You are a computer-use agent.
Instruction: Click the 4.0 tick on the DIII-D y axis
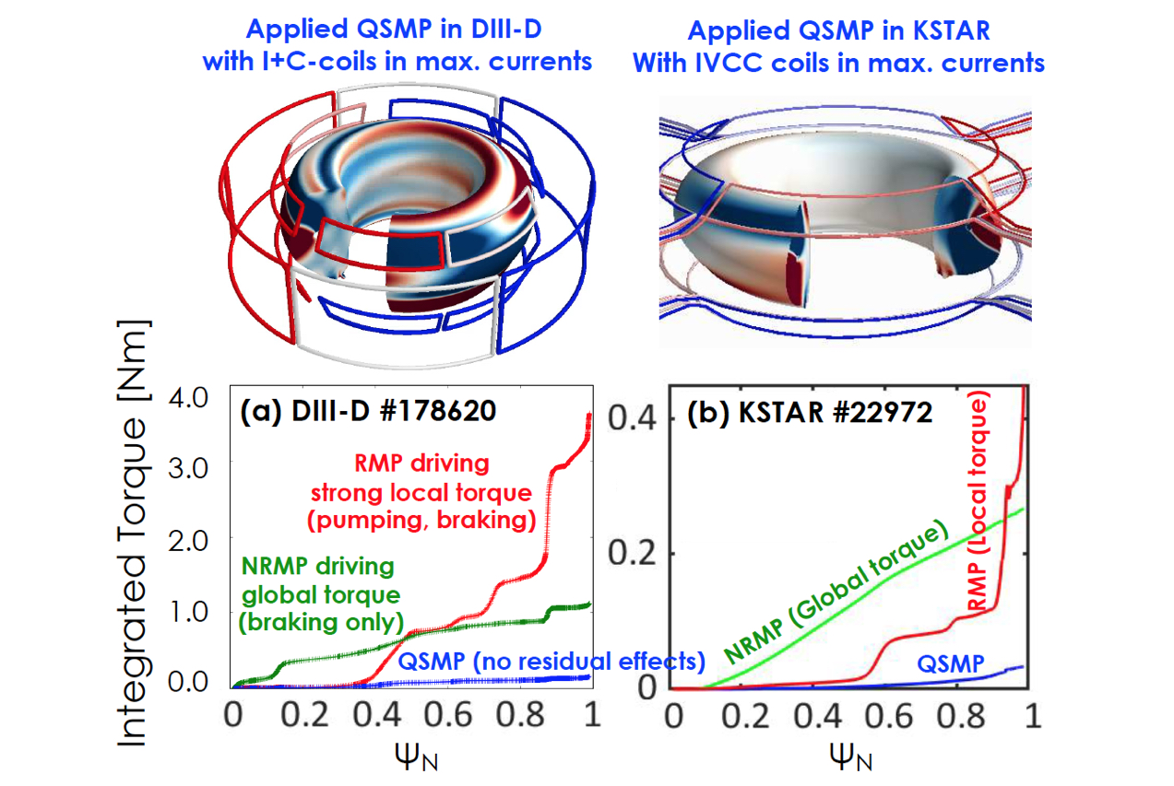188,398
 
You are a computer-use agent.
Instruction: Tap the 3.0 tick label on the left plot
188,468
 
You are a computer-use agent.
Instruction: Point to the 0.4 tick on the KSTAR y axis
632,418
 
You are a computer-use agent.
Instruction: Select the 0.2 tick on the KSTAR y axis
632,552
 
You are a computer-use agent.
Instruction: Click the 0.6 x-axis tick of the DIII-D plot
447,714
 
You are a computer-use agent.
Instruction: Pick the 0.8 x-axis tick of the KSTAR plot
960,715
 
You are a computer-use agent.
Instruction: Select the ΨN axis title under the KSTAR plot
850,757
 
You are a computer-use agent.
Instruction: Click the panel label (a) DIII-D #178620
368,411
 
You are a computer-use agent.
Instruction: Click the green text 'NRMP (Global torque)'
836,592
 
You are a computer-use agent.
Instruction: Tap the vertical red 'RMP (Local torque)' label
977,501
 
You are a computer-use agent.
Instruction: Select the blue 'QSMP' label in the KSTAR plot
951,664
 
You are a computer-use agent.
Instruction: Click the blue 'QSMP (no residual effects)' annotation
551,661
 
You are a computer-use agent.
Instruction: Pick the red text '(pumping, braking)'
421,520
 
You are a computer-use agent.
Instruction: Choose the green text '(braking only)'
321,622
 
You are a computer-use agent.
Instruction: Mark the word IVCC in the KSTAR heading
729,63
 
